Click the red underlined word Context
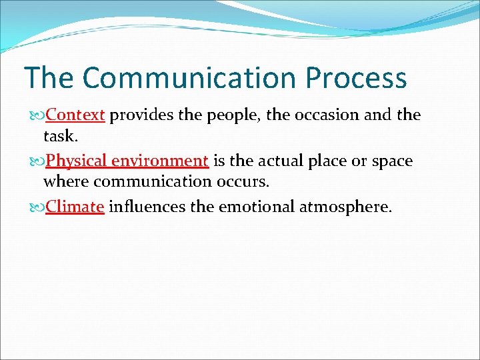(x=75, y=115)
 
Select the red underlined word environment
(x=160, y=161)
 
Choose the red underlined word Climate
(x=75, y=207)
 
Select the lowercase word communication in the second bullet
(x=154, y=181)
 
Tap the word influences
(x=147, y=207)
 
